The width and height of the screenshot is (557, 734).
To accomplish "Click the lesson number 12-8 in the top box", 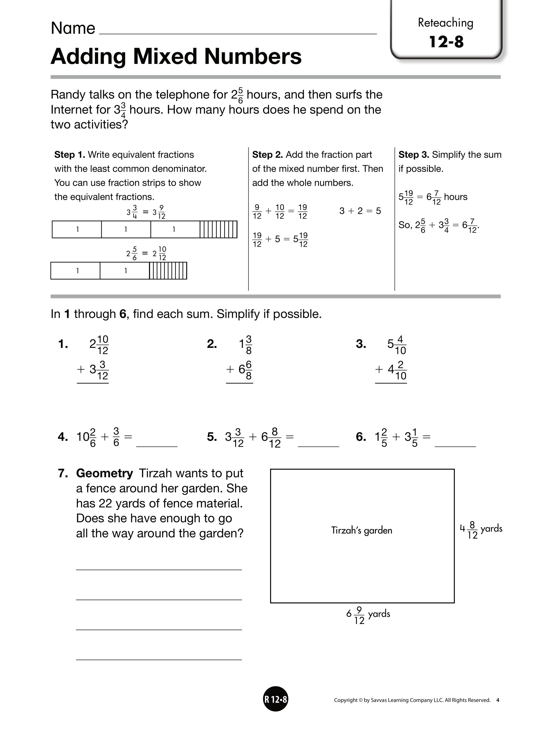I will [x=446, y=42].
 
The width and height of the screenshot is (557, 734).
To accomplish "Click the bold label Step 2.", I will [x=267, y=155].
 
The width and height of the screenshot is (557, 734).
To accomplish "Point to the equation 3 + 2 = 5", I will [x=360, y=211].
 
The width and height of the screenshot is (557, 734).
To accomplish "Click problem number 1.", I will [x=63, y=344].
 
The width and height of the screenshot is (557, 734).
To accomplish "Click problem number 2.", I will [x=212, y=344].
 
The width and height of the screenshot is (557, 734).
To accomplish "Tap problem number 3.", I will [x=361, y=344].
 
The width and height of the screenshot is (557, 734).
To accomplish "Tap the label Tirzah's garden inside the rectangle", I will [x=361, y=530].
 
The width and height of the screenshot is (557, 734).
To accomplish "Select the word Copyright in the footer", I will [x=345, y=700].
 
